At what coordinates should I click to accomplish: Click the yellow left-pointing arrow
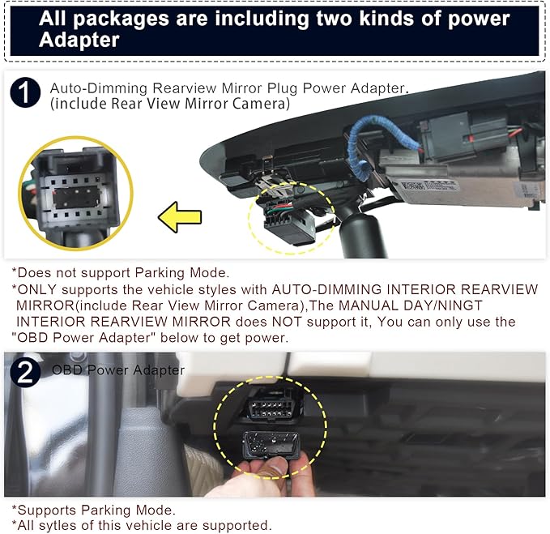181,216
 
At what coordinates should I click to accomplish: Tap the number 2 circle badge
25,372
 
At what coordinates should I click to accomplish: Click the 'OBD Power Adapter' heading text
118,370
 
